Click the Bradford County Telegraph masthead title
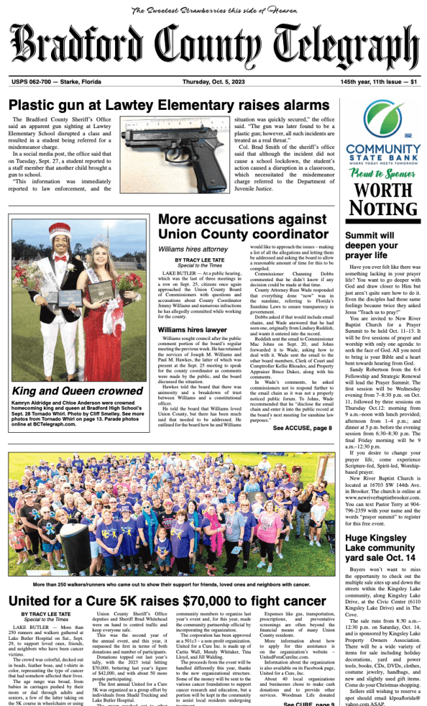tap(213, 46)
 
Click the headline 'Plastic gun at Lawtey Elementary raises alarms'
tap(168, 105)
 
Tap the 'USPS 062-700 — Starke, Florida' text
tap(56, 82)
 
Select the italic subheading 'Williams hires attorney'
tap(192, 249)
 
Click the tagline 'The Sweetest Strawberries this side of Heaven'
tap(213, 10)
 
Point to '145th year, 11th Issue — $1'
tap(379, 82)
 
